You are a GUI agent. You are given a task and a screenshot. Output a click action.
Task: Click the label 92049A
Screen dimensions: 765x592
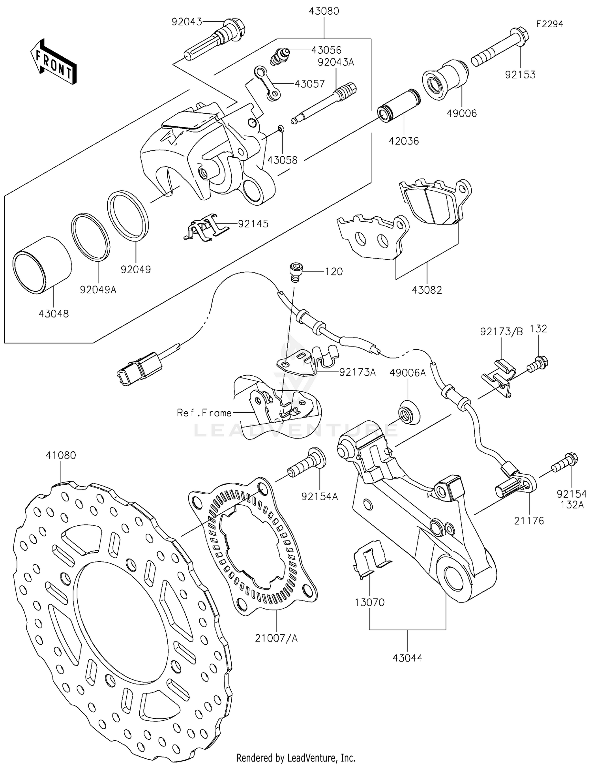point(98,290)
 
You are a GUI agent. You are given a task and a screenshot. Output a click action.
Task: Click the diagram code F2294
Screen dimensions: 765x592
point(549,24)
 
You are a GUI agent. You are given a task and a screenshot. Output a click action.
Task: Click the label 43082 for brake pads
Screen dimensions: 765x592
point(427,290)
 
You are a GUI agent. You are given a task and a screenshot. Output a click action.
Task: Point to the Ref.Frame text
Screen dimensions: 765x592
point(204,413)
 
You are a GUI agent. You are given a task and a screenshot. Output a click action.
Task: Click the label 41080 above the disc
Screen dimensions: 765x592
point(61,455)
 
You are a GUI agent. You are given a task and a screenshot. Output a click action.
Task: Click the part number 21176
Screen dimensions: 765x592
point(529,521)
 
